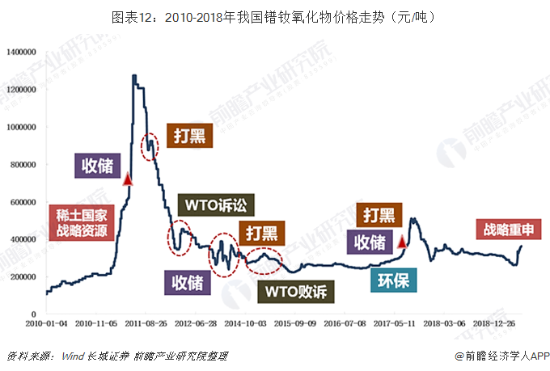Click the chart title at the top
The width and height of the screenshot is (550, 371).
(275, 15)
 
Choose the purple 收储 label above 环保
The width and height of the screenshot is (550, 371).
(370, 241)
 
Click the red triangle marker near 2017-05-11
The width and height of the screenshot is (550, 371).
(401, 241)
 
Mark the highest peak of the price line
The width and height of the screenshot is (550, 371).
(133, 76)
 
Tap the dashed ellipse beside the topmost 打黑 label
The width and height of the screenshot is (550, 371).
(150, 146)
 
